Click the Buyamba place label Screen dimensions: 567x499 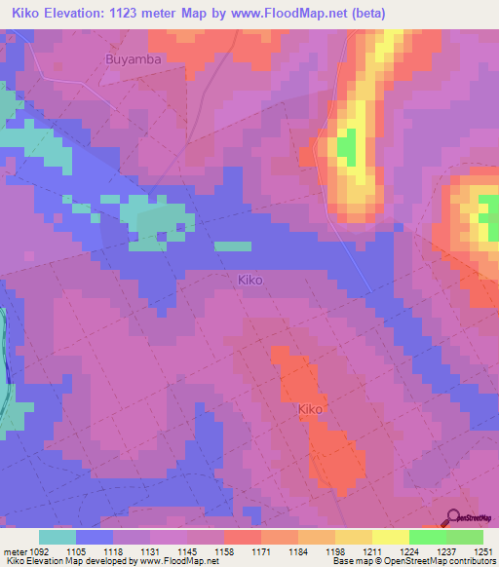(132, 58)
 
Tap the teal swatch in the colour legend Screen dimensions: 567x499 (58, 537)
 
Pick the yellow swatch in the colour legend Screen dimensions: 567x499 (390, 537)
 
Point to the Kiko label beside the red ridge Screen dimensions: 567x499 (310, 409)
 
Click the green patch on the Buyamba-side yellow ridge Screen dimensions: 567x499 (347, 146)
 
